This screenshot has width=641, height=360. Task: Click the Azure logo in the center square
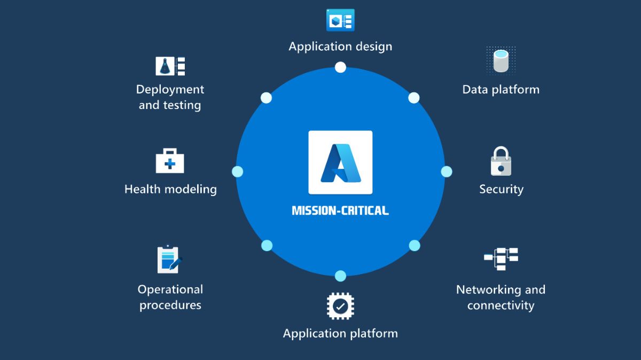coord(340,162)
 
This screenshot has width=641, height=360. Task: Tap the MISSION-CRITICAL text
coord(340,210)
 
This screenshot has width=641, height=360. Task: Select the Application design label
coord(340,46)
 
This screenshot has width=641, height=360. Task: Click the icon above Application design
coord(340,20)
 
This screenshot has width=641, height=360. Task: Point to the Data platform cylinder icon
coord(501,60)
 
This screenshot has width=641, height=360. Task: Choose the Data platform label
coord(501,89)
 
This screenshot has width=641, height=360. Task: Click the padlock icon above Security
coord(501,162)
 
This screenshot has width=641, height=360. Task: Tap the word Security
coord(501,189)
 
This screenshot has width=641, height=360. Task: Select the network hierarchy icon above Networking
coord(501,259)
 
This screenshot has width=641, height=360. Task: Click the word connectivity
coord(501,306)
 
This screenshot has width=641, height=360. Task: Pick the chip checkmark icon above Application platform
coord(340,306)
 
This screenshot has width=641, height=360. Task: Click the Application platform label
coord(340,334)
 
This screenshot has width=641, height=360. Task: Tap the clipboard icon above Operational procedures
coord(169,260)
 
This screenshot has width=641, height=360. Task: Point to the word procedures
coord(170,306)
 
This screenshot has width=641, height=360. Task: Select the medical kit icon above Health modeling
coord(170,162)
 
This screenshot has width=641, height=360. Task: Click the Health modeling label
coord(170,189)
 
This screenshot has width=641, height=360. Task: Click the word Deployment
coord(170,89)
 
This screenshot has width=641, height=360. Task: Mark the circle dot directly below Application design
coord(340,67)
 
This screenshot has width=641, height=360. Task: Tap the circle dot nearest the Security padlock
coord(447,171)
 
